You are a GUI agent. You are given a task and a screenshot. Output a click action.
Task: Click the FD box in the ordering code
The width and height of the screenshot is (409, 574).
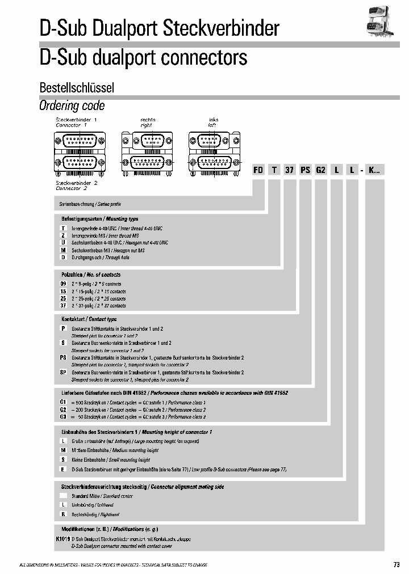pos(257,170)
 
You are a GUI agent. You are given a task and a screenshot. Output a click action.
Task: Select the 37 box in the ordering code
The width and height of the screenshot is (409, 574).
pos(289,170)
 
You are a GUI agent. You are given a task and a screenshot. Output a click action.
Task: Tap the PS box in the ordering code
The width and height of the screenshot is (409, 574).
pos(305,170)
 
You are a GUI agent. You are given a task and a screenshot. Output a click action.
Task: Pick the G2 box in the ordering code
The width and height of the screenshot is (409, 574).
pos(321,170)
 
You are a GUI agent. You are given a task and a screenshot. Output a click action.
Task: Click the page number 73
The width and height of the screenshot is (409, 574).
pos(396,564)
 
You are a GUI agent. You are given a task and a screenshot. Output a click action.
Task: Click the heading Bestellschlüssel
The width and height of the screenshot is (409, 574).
pos(77,88)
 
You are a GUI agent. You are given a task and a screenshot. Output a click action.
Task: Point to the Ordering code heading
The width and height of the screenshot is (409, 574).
pos(72,105)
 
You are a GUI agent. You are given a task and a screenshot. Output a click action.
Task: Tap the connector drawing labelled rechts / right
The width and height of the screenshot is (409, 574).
pos(147,150)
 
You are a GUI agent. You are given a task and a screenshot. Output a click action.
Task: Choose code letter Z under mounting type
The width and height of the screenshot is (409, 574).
pos(64,235)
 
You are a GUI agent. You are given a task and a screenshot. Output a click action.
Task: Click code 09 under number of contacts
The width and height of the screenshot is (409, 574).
pos(64,284)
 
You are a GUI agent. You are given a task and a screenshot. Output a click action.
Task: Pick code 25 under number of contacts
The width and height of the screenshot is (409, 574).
pos(64,298)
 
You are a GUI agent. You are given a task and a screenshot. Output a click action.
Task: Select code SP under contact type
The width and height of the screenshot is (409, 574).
pos(64,373)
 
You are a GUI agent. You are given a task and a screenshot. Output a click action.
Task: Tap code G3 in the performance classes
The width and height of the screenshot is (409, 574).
pos(64,417)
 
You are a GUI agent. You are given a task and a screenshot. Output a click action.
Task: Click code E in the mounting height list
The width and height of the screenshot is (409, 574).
pos(64,470)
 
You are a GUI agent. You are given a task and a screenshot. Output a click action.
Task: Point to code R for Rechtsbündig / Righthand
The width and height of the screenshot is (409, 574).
pos(64,514)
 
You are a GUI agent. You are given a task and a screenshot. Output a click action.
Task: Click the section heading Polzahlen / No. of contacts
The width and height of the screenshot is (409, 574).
pos(91,275)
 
